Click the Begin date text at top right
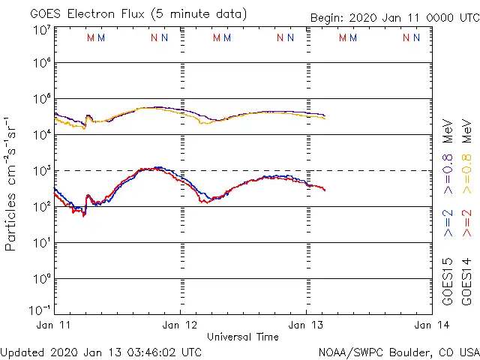pos(394,19)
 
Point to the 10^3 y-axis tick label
pos(41,171)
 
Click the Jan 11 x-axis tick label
pos(54,325)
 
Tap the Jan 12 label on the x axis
pos(180,325)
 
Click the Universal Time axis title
pos(242,337)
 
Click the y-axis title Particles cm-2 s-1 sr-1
pos(11,184)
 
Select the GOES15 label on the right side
pos(448,281)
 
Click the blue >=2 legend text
pos(448,223)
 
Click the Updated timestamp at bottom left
pos(101,352)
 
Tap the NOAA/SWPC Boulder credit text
pos(398,352)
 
